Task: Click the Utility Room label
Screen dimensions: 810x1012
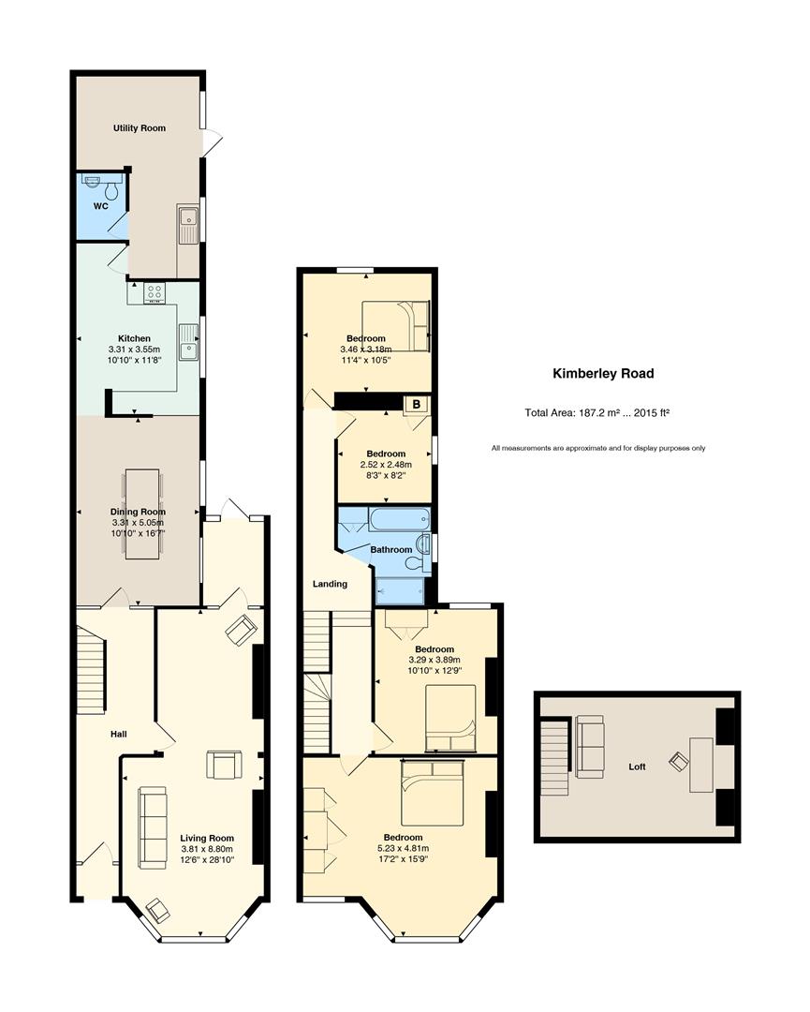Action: pyautogui.click(x=140, y=127)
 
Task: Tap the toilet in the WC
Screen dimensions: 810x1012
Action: pyautogui.click(x=111, y=190)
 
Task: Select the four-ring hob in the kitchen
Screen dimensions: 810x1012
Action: pyautogui.click(x=155, y=293)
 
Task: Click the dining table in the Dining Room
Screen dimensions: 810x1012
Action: pyautogui.click(x=142, y=513)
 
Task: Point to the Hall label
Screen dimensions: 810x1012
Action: pyautogui.click(x=119, y=734)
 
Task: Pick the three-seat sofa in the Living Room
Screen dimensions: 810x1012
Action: pyautogui.click(x=153, y=826)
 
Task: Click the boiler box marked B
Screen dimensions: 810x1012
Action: pyautogui.click(x=417, y=405)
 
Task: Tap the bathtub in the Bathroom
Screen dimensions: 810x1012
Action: pyautogui.click(x=399, y=518)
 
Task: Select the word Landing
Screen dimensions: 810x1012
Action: pyautogui.click(x=330, y=584)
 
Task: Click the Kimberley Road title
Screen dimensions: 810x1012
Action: pyautogui.click(x=603, y=373)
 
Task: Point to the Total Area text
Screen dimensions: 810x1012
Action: pyautogui.click(x=597, y=413)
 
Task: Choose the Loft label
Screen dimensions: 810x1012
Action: pyautogui.click(x=637, y=766)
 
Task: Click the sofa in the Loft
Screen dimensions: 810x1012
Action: pyautogui.click(x=590, y=747)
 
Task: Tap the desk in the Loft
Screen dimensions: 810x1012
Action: pyautogui.click(x=701, y=765)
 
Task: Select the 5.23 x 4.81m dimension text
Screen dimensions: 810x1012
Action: pyautogui.click(x=403, y=849)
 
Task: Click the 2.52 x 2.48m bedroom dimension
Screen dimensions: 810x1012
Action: pyautogui.click(x=386, y=465)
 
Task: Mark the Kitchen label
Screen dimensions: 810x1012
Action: pyautogui.click(x=134, y=338)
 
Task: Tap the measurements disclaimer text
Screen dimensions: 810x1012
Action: pyautogui.click(x=597, y=448)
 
